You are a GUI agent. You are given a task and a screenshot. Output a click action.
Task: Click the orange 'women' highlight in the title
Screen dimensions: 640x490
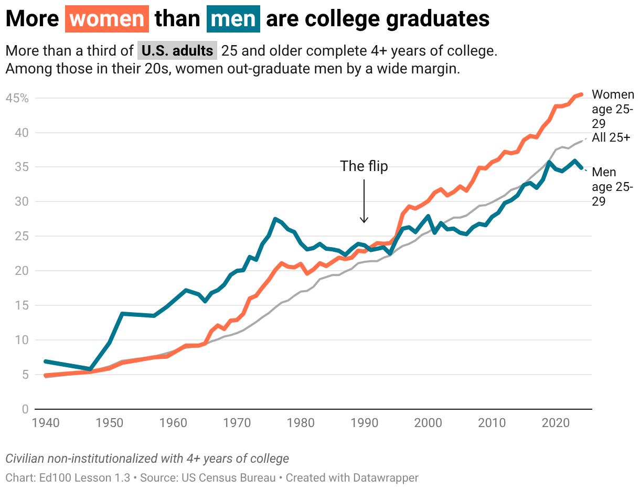107,19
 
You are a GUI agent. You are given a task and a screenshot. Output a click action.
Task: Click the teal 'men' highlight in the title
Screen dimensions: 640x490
233,19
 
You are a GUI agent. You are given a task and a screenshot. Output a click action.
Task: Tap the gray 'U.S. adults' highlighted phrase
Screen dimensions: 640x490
177,51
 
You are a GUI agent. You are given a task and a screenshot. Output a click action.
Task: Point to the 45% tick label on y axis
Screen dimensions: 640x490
17,98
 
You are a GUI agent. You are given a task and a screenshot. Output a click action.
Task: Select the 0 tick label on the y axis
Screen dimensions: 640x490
25,409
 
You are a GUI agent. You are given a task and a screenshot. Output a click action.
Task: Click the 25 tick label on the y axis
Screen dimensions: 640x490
22,236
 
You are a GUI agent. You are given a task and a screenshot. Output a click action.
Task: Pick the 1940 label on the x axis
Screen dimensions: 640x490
46,423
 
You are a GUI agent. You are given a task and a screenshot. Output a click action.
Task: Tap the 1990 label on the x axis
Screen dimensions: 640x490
364,423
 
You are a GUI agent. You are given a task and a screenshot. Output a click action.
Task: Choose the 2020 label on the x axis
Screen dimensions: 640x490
556,423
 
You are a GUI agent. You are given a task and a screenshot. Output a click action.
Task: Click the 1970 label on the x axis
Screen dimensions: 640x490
237,423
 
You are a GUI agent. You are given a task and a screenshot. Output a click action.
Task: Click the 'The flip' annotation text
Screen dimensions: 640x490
364,166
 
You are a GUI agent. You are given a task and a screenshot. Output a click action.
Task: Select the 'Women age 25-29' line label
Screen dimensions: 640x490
613,109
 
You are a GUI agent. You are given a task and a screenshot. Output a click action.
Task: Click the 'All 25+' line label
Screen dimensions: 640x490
611,137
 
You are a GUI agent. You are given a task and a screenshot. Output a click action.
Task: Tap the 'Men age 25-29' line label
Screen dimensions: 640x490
612,187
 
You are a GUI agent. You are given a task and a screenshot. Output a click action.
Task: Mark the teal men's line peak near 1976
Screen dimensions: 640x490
275,219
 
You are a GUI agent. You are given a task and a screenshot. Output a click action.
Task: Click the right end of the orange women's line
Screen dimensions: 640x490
582,94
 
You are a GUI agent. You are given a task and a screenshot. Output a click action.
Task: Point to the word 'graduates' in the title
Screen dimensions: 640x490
438,19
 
